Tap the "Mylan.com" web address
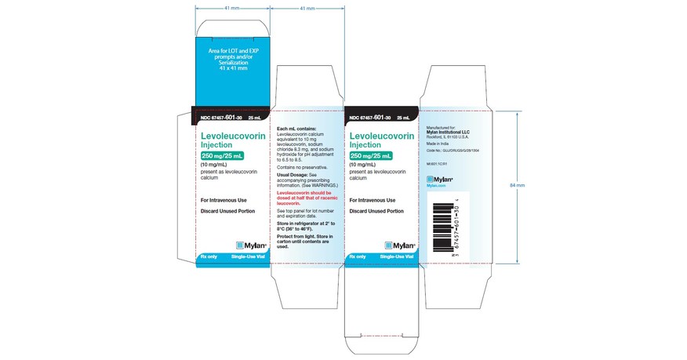[436, 185]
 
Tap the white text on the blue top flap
[232, 59]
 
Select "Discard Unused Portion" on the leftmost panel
[227, 212]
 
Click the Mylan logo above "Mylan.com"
[439, 178]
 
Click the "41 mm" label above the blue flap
[232, 8]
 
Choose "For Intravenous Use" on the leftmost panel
[225, 200]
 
